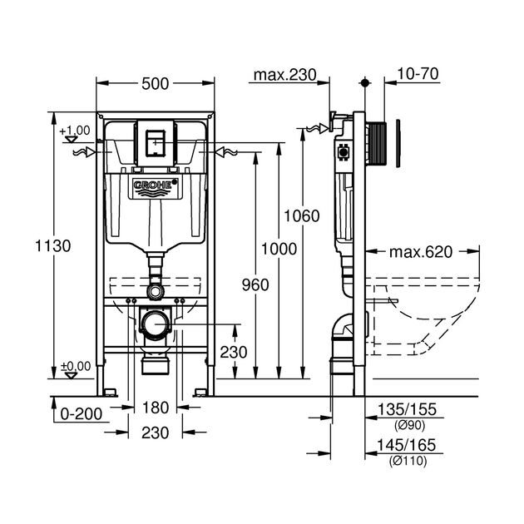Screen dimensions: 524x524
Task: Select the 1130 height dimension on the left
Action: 53,245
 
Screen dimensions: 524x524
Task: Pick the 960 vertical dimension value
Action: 255,284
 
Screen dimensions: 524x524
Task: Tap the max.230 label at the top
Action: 285,75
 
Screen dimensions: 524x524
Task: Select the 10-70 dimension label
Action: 418,75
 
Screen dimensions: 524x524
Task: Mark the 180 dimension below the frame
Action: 155,408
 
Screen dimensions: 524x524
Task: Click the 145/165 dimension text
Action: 403,447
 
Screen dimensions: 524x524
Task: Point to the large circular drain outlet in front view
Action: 155,322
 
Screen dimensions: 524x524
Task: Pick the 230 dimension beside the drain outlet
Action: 234,352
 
